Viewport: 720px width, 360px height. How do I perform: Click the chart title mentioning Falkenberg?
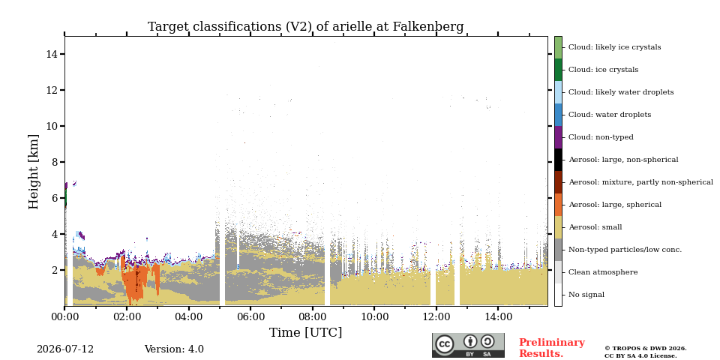point(306,27)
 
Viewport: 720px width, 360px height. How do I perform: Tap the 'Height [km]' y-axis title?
point(34,172)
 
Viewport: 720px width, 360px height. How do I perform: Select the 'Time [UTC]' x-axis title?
point(305,332)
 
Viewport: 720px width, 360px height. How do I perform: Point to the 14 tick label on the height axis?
point(52,54)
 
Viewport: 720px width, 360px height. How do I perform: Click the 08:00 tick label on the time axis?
point(312,316)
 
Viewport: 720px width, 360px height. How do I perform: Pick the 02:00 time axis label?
point(127,316)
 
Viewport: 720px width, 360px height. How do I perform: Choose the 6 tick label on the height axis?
point(55,198)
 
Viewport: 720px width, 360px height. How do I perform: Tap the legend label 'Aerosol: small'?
point(595,227)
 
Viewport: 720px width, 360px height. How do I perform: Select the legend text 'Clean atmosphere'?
point(603,272)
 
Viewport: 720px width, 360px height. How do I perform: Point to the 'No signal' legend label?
point(586,295)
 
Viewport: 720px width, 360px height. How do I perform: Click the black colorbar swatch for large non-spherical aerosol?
point(558,160)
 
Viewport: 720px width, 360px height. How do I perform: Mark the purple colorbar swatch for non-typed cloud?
point(558,137)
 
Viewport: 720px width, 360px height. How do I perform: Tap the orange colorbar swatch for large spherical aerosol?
point(558,205)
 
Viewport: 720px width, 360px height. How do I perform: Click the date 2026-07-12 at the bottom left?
point(65,349)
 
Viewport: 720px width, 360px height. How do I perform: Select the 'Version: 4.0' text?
point(174,349)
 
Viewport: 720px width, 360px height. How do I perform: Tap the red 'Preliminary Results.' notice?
point(552,348)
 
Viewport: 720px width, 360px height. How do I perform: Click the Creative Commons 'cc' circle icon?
point(445,344)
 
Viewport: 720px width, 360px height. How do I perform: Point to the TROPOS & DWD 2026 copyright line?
point(646,349)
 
